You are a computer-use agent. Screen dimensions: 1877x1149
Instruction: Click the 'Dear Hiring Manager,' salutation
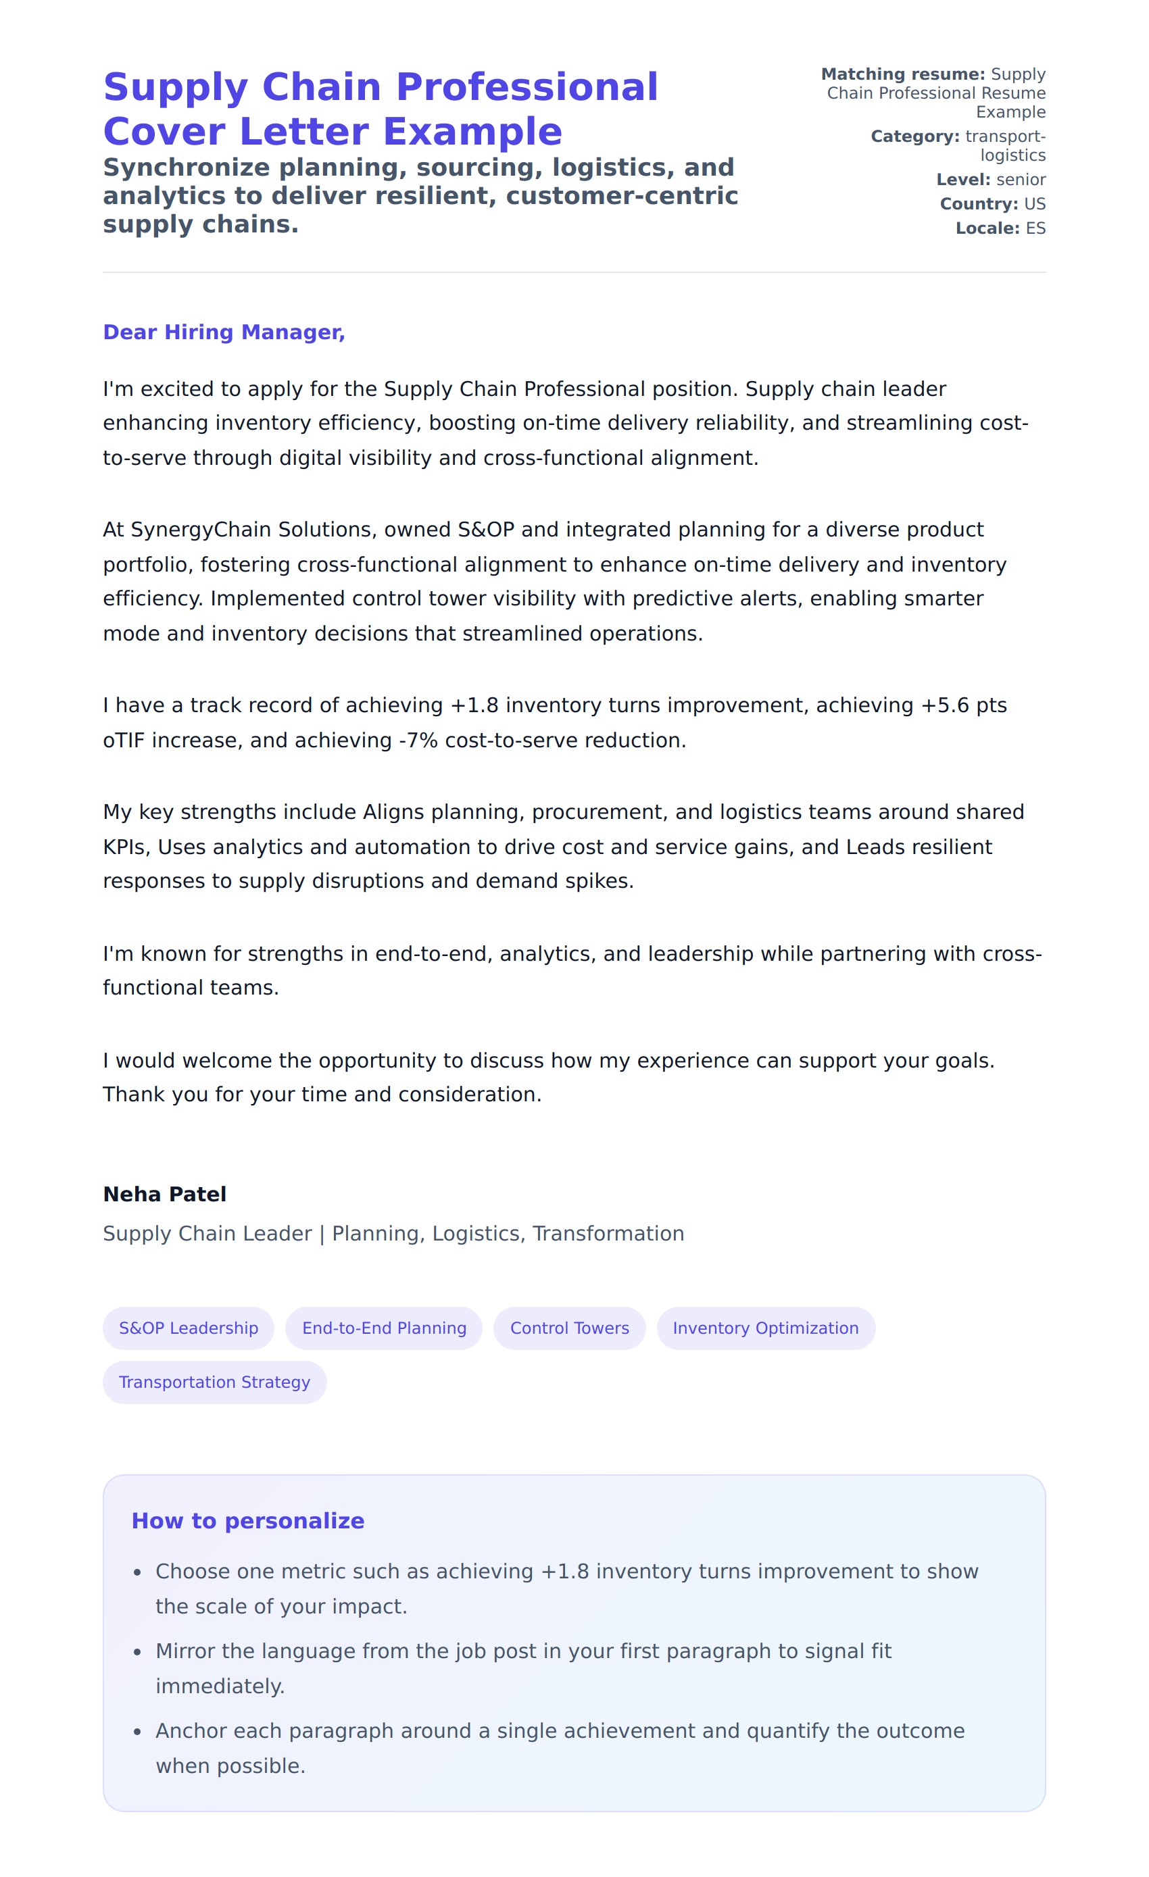click(224, 332)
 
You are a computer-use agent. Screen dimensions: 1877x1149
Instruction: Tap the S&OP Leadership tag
click(188, 1328)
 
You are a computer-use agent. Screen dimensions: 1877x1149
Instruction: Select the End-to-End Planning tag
click(384, 1328)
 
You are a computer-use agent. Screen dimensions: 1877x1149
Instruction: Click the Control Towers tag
click(569, 1328)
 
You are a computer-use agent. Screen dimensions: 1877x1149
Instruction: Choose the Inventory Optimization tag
click(765, 1328)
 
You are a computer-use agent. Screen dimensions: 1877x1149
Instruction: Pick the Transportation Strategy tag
click(214, 1382)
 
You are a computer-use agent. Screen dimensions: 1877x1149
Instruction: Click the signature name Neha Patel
click(165, 1194)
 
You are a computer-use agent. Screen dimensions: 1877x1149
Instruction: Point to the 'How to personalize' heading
click(247, 1520)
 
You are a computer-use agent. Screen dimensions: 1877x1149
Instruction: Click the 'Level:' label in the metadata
click(963, 180)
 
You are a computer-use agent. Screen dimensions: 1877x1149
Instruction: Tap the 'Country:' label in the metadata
click(978, 204)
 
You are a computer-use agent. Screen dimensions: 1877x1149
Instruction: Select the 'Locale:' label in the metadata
click(987, 228)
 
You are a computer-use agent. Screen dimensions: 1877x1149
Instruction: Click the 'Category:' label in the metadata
click(914, 136)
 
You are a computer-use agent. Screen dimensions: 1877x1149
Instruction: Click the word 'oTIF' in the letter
click(124, 741)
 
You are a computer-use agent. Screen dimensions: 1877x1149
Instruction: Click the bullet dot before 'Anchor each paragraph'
click(137, 1732)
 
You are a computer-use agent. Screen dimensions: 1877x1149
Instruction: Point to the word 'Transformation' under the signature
click(608, 1233)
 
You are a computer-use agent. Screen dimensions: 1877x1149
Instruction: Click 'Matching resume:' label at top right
click(902, 74)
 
